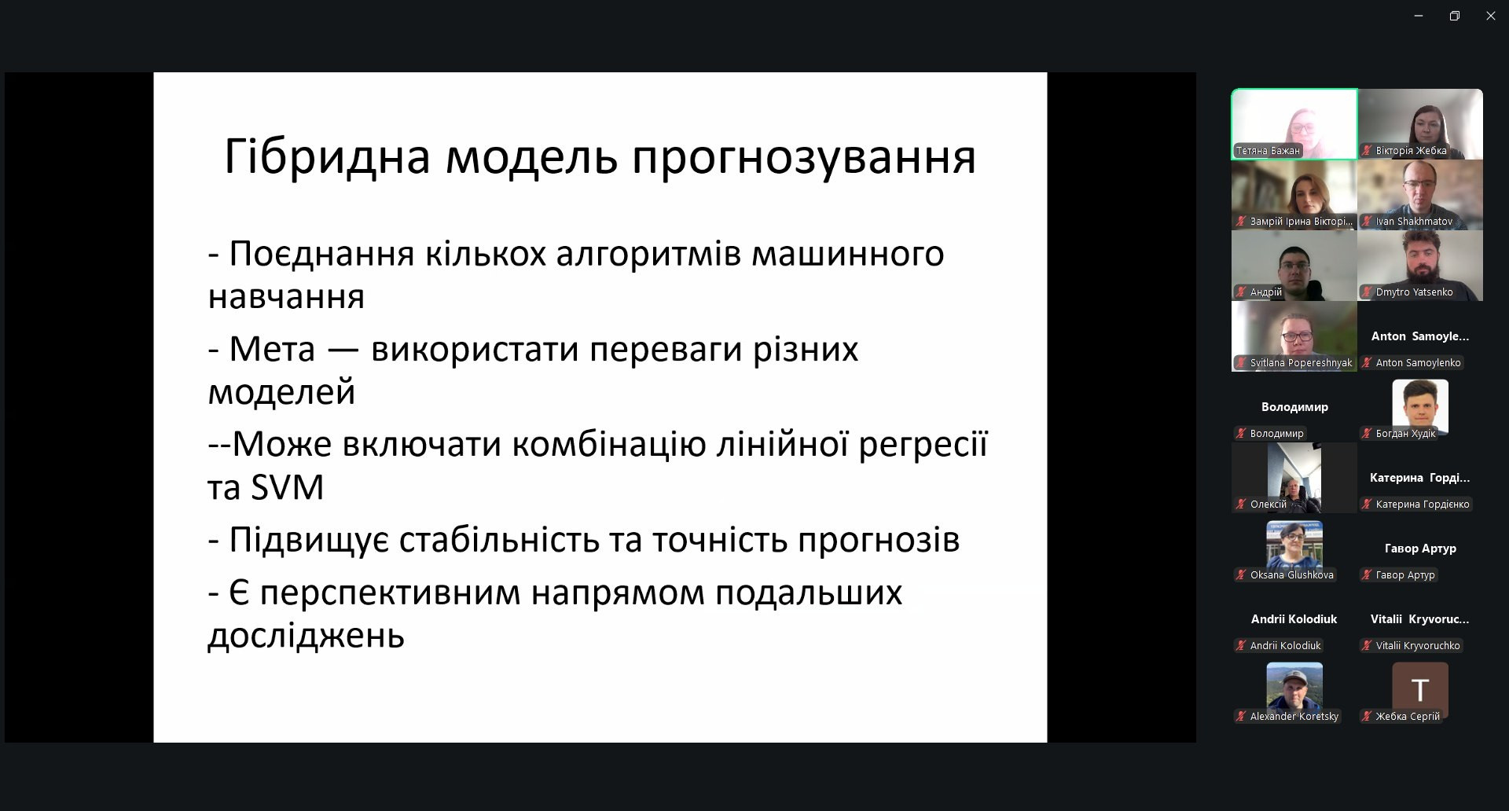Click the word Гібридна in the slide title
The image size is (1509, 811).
tap(327, 156)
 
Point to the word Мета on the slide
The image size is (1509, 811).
tap(272, 349)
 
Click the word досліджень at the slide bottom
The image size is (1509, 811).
tap(306, 636)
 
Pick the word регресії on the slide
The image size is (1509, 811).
tap(923, 446)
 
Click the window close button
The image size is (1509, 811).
tap(1490, 16)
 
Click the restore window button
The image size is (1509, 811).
tap(1454, 16)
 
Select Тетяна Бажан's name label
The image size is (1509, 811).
tap(1268, 151)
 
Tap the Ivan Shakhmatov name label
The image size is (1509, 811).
tap(1414, 222)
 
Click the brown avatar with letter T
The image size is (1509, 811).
tap(1419, 689)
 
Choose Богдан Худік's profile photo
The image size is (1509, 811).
tap(1419, 405)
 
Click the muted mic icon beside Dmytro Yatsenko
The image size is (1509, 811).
tap(1367, 292)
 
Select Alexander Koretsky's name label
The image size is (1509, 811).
tap(1294, 717)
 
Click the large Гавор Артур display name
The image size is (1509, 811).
tap(1420, 549)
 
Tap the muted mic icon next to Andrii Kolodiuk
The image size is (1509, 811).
tap(1241, 646)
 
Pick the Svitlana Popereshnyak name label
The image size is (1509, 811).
tap(1301, 363)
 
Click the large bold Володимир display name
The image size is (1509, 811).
tap(1294, 407)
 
